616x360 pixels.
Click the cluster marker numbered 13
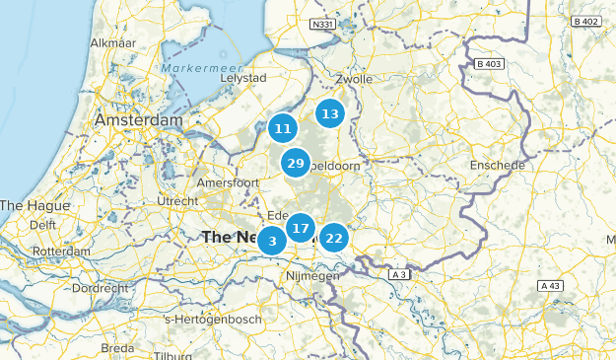click(x=330, y=114)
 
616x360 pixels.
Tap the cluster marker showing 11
click(x=283, y=128)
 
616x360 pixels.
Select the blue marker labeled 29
click(x=295, y=163)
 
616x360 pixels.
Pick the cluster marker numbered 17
click(x=301, y=229)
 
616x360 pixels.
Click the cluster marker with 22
click(x=334, y=238)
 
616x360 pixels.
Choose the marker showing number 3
click(x=272, y=241)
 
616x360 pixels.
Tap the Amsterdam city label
click(x=139, y=119)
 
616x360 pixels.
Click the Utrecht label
click(x=177, y=201)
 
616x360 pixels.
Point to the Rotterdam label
click(x=61, y=252)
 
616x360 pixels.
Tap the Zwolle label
click(x=353, y=79)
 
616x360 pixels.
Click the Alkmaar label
click(x=112, y=43)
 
